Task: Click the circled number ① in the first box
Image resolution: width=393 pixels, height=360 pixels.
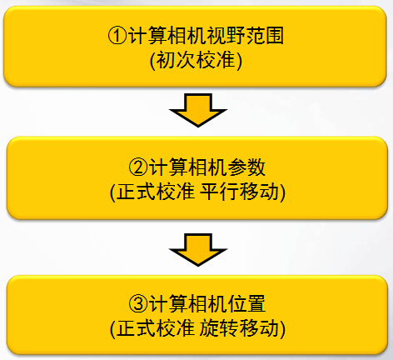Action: (117, 36)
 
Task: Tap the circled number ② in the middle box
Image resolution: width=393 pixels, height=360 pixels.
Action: (138, 167)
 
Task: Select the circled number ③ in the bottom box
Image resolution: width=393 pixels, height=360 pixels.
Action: (138, 303)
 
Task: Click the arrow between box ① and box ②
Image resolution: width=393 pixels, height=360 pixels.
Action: (198, 110)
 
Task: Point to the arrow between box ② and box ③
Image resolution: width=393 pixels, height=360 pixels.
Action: (198, 250)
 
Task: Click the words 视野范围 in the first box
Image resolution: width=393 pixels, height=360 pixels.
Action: (245, 36)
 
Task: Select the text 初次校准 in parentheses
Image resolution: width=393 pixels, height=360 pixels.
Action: (196, 60)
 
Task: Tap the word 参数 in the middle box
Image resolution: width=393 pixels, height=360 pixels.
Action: (246, 167)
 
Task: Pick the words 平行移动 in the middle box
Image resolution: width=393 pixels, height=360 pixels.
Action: (239, 192)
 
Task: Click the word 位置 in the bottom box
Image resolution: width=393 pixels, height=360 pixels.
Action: (246, 303)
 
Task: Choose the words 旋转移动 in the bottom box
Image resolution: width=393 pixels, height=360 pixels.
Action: (239, 328)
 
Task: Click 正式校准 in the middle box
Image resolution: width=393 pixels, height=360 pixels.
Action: (156, 192)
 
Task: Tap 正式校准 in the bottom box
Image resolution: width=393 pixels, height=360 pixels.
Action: (156, 328)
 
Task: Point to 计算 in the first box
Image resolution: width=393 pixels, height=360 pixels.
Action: (147, 36)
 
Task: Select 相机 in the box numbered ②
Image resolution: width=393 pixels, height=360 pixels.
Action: (207, 167)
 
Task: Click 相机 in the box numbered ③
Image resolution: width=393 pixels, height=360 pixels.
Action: (207, 303)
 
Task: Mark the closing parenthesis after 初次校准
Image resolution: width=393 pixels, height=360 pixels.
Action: (239, 61)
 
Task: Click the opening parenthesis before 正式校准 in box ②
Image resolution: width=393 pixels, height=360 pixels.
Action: (113, 192)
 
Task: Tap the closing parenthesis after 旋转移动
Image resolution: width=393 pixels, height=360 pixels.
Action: (282, 328)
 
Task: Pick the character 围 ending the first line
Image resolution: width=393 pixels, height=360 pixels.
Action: (275, 36)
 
